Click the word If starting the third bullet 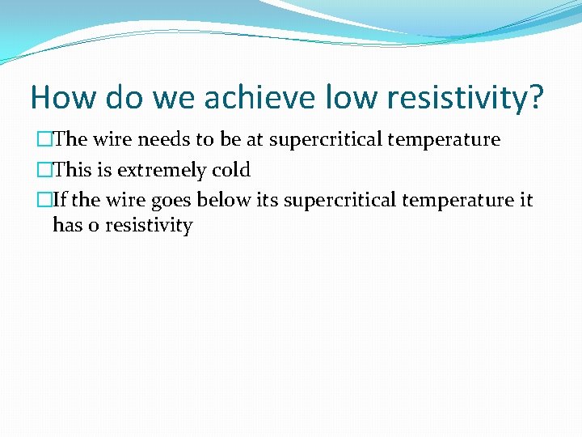[x=60, y=201]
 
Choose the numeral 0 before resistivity [x=94, y=225]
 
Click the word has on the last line [x=68, y=225]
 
